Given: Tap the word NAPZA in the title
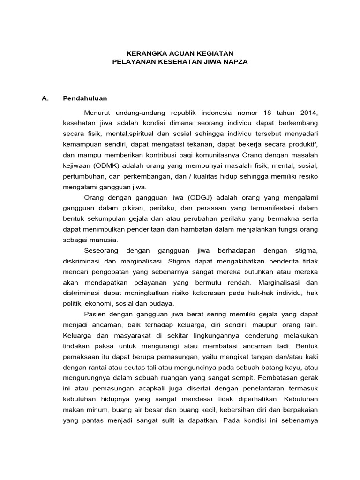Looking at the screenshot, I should [x=234, y=61].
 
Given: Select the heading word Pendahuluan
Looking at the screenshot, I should [x=85, y=98].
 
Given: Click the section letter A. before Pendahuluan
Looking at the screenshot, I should [x=45, y=98].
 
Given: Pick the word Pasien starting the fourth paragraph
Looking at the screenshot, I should [x=95, y=314].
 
